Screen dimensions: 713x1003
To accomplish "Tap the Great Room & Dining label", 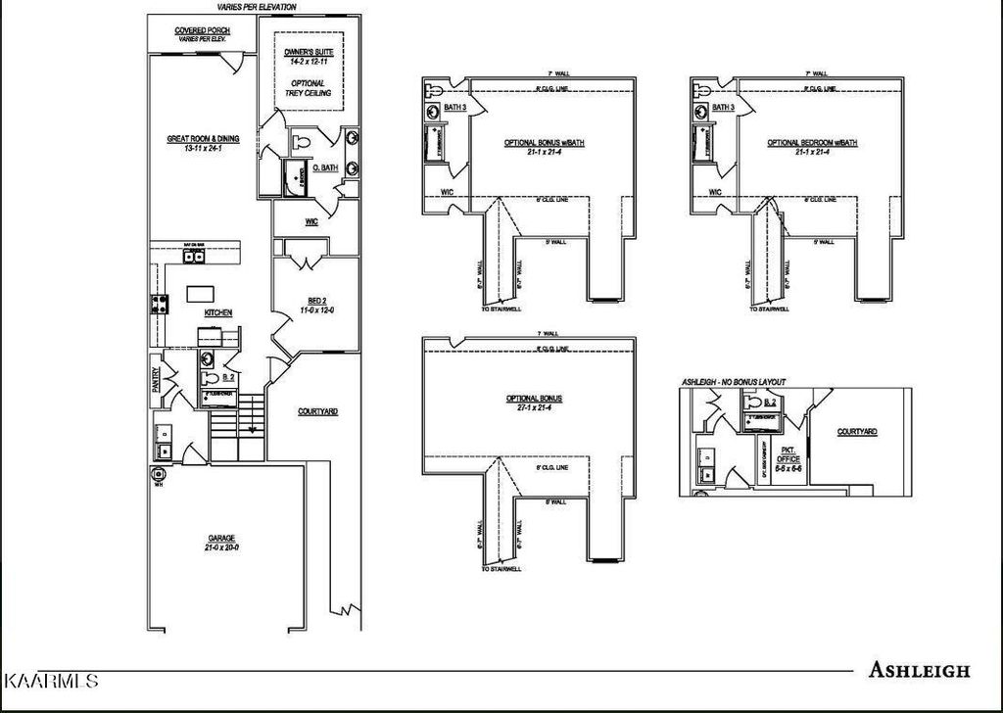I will click(203, 144).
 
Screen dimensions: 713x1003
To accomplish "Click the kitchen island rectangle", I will click(201, 292).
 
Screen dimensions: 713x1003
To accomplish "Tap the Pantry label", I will click(156, 381).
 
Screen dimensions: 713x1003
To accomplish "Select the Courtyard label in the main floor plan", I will click(318, 411).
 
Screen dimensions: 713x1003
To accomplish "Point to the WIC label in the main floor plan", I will click(311, 222).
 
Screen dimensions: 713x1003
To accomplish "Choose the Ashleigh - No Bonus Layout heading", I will click(734, 381).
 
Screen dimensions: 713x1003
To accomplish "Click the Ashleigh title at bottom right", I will click(919, 671).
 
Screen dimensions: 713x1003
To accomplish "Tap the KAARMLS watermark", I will click(51, 679).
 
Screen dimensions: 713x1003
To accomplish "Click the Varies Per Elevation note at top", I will click(250, 7).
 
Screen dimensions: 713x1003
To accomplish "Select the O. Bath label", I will click(325, 168).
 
